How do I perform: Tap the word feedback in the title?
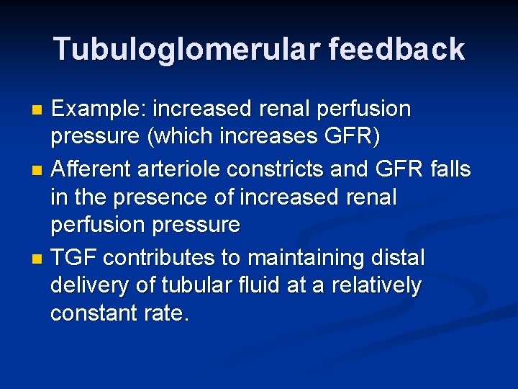point(398,49)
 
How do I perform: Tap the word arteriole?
point(181,170)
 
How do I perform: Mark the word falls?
point(450,170)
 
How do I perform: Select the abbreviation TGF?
point(74,257)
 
